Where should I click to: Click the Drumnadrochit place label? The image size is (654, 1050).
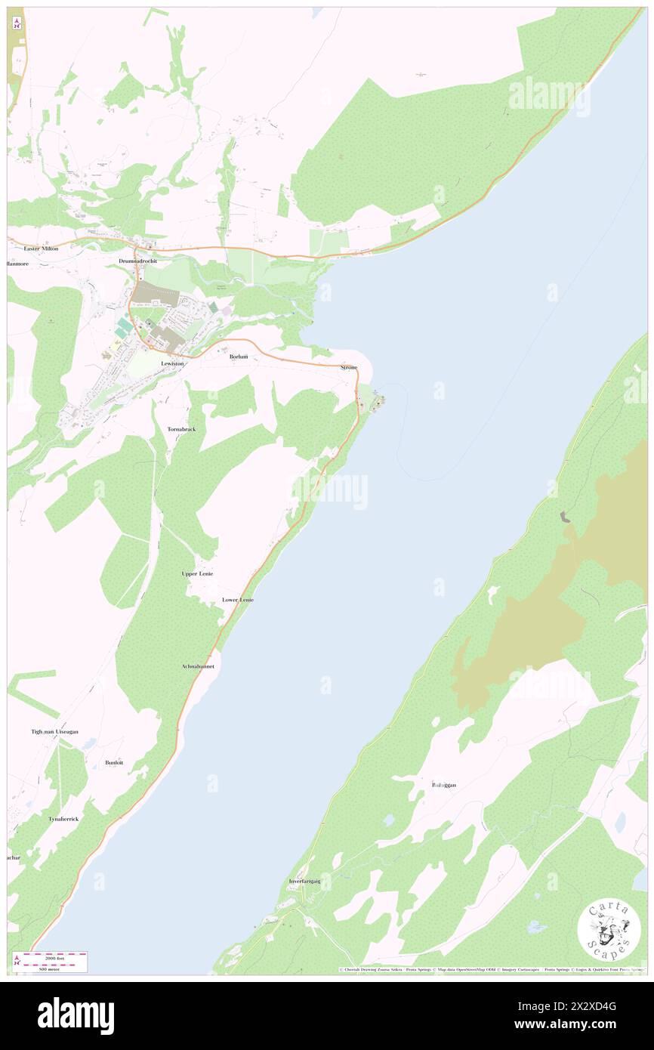(x=137, y=261)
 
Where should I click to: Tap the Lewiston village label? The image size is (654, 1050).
(x=172, y=363)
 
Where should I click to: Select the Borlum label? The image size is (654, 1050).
(x=239, y=356)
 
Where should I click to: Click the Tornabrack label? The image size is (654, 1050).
(x=181, y=429)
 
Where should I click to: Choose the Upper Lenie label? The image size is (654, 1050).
(x=197, y=574)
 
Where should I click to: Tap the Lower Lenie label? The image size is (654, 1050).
(x=238, y=600)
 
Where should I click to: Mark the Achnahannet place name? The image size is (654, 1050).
(x=198, y=666)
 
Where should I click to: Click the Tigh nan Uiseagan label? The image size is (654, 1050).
(x=54, y=731)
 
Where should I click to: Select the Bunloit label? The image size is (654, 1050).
(x=114, y=763)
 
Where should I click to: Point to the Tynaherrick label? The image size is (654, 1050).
(x=63, y=819)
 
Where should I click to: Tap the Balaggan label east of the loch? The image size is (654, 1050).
(x=443, y=785)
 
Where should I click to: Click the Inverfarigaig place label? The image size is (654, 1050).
(x=304, y=882)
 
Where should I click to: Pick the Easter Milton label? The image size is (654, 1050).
(x=41, y=249)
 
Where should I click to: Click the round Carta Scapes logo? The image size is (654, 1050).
(x=604, y=931)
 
